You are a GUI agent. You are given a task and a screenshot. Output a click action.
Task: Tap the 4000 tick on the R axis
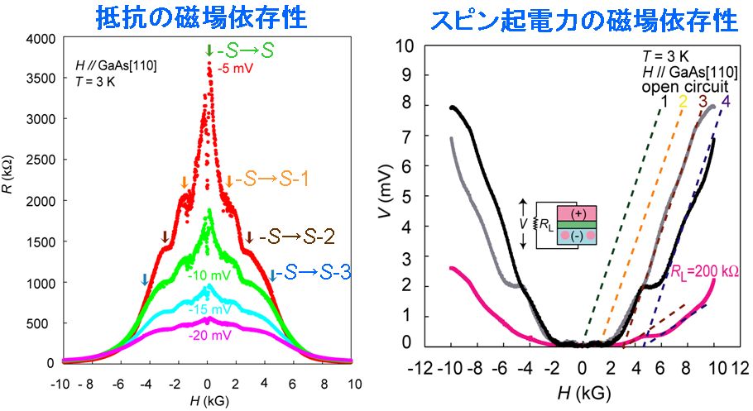point(41,38)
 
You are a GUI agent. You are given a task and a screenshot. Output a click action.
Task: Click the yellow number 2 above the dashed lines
point(683,103)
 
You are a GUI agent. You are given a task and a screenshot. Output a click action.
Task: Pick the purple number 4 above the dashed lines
point(725,103)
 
